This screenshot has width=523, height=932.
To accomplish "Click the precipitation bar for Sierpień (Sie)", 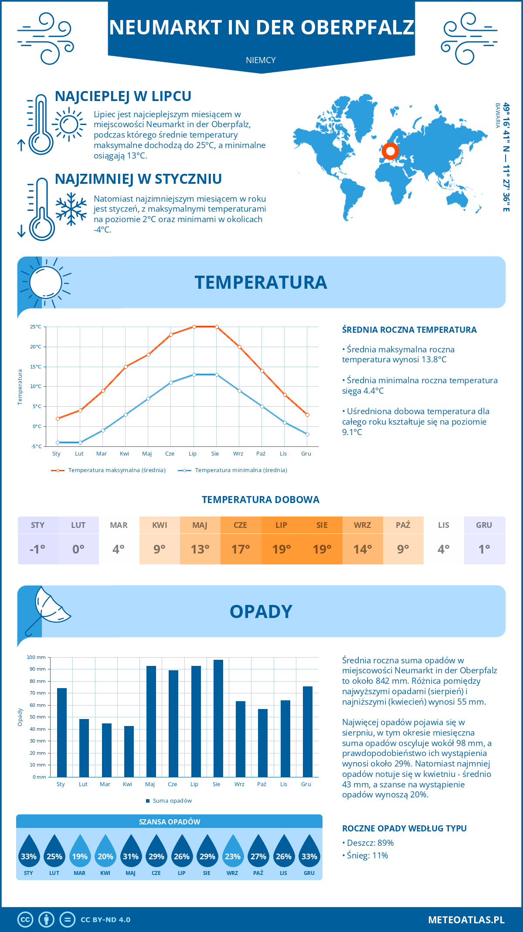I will pyautogui.click(x=218, y=718).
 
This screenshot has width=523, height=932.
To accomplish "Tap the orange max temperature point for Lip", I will pyautogui.click(x=194, y=327).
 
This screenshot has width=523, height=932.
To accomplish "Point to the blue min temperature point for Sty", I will pyautogui.click(x=58, y=442).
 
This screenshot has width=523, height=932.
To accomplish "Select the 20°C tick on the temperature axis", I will pyautogui.click(x=36, y=347).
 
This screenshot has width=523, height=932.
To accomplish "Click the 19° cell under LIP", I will pyautogui.click(x=281, y=549).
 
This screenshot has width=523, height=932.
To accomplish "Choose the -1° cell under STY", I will pyautogui.click(x=37, y=549).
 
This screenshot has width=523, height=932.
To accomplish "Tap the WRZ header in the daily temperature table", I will pyautogui.click(x=362, y=525).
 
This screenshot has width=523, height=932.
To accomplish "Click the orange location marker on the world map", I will pyautogui.click(x=391, y=151).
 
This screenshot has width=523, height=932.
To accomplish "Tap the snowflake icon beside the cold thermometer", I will pyautogui.click(x=71, y=209).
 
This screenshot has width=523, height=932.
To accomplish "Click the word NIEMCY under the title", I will pyautogui.click(x=261, y=60).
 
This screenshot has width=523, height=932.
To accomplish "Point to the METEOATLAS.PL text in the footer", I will pyautogui.click(x=466, y=920).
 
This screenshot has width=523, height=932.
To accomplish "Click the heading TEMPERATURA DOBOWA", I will pyautogui.click(x=261, y=500).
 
